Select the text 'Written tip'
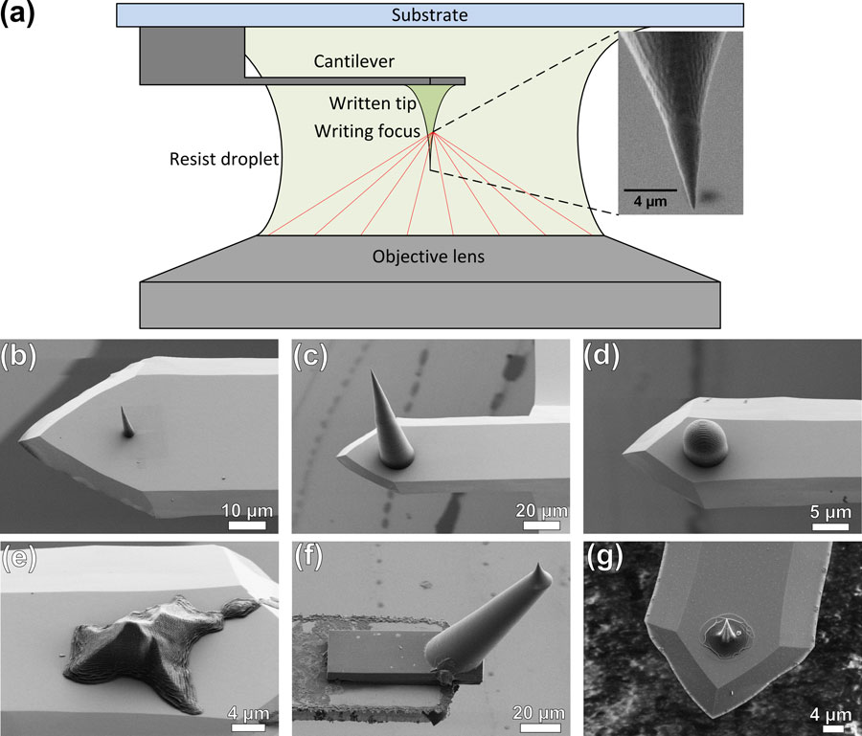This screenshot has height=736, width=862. point(365,102)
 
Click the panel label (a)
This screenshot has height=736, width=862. point(20,14)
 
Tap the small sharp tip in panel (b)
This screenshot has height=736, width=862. point(125,421)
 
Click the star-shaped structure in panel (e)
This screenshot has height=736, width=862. point(143,633)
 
